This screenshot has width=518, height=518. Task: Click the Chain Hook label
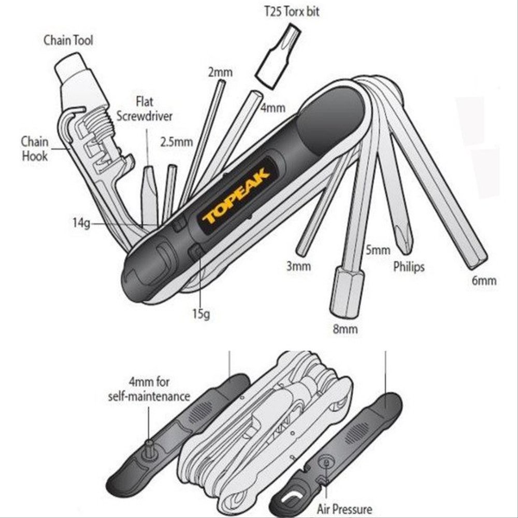point(35,148)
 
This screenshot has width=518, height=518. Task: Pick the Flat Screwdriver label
point(145,108)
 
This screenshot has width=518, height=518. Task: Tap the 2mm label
point(220,72)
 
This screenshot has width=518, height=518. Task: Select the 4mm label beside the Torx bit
point(272,108)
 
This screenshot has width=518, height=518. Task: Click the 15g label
point(200,313)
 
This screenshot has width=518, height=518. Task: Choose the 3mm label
point(298,267)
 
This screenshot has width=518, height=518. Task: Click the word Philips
point(409,267)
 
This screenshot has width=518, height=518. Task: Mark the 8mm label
point(345,329)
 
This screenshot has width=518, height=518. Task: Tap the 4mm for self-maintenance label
point(149,390)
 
